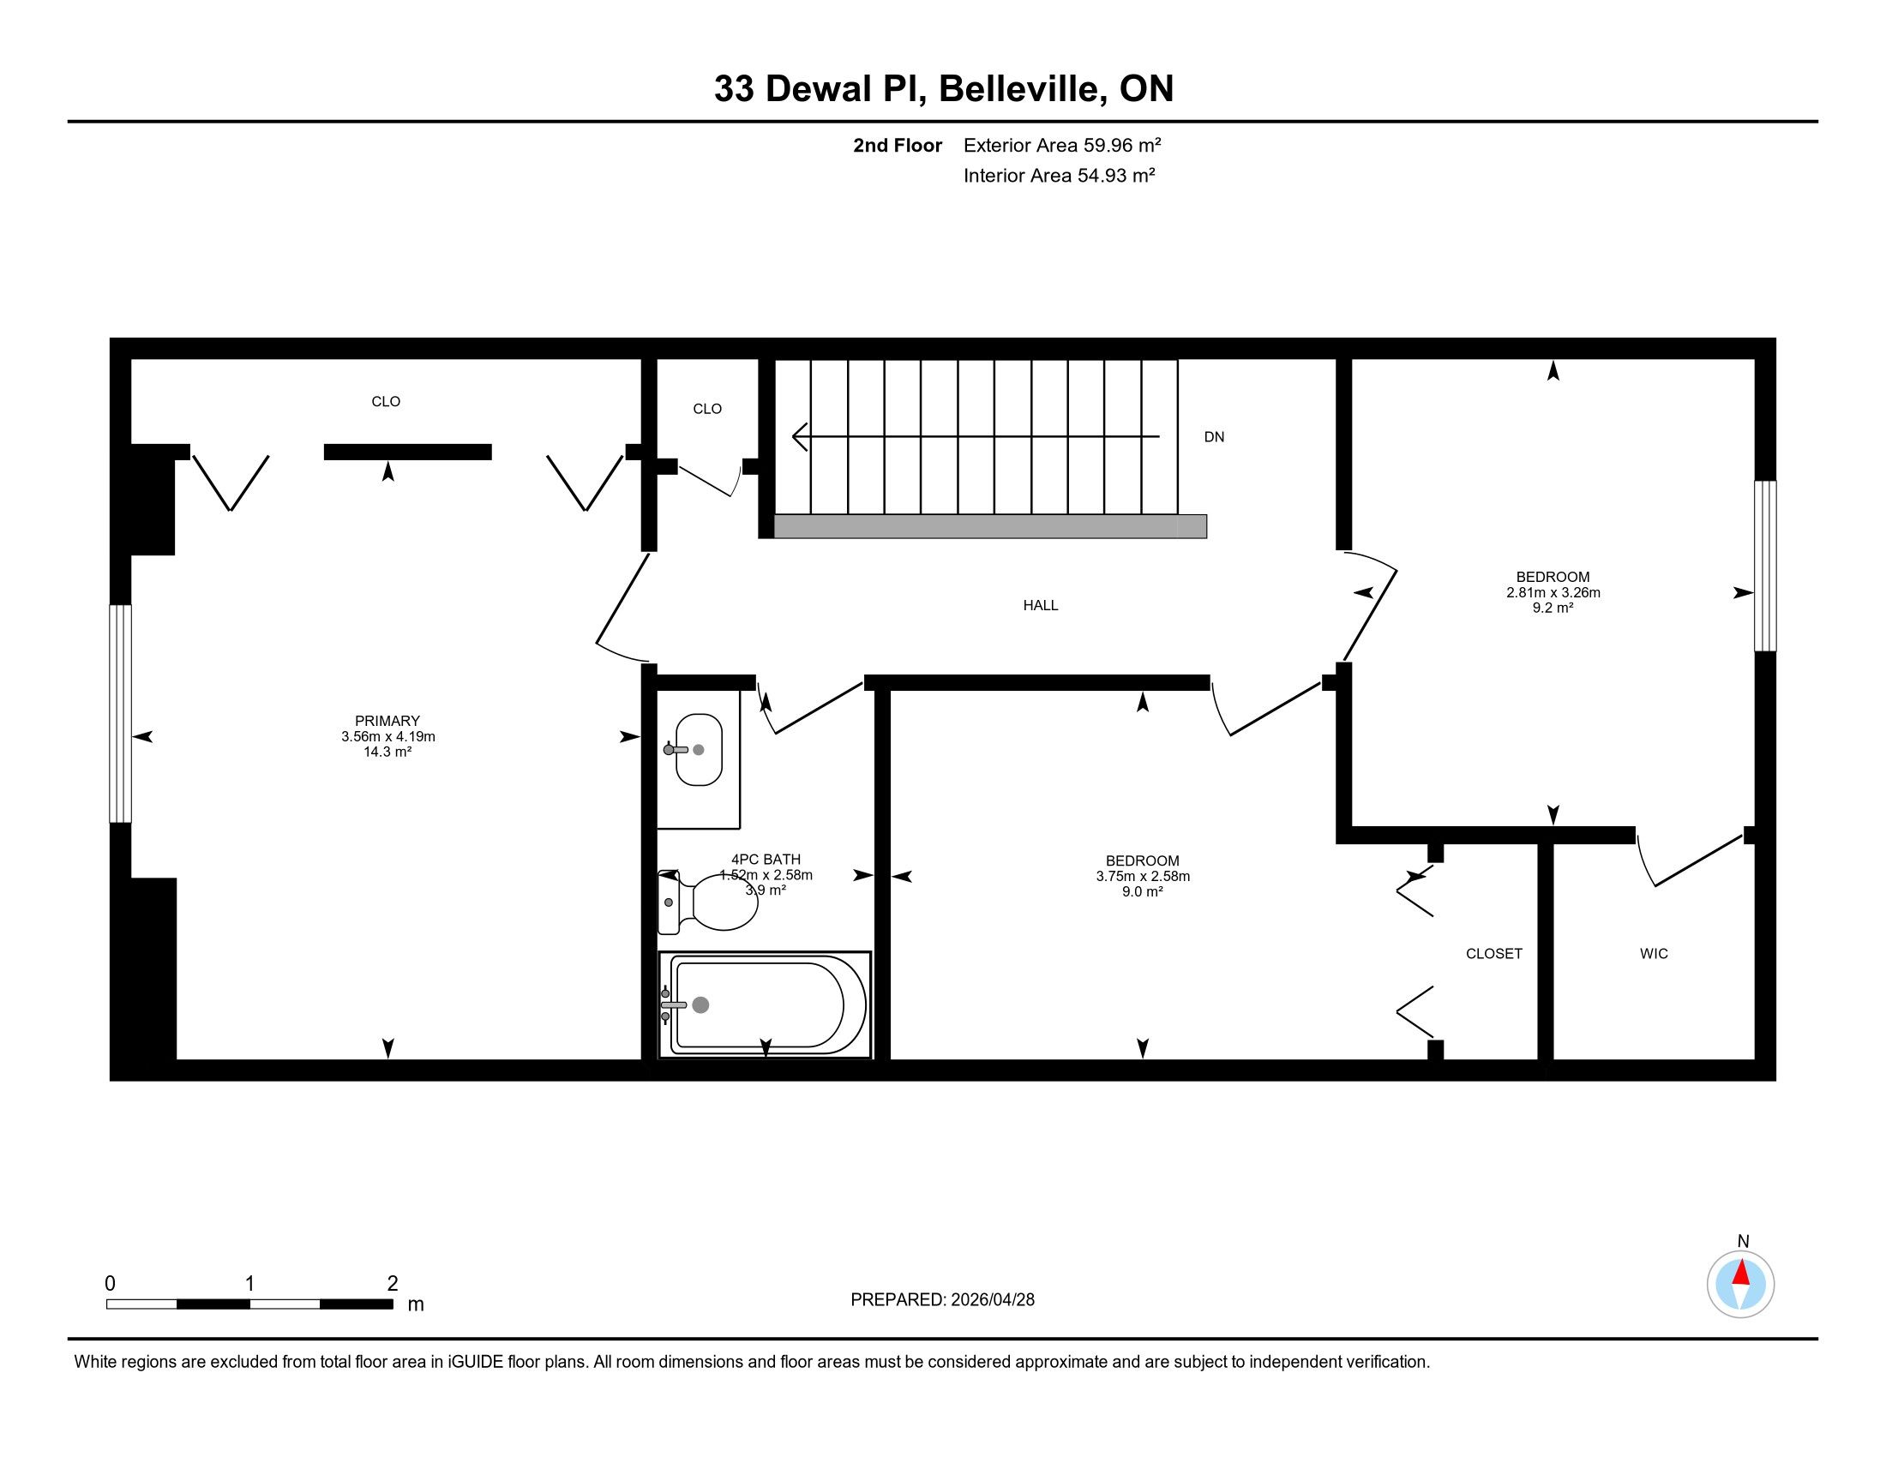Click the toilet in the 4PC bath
(x=708, y=902)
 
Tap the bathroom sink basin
(x=699, y=749)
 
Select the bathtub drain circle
(x=701, y=1004)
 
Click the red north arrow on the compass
(x=1741, y=1272)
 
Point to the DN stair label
(x=1214, y=437)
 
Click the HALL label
(x=1041, y=605)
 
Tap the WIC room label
(x=1654, y=953)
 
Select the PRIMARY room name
(x=387, y=721)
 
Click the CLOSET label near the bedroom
(x=1494, y=953)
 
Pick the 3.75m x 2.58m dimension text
(x=1143, y=876)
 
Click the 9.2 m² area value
(x=1553, y=608)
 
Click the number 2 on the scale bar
(x=392, y=1283)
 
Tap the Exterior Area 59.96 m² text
(x=1062, y=145)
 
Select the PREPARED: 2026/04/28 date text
(x=942, y=1300)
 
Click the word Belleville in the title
(x=1024, y=88)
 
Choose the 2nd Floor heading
(x=898, y=145)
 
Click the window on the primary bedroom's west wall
(x=120, y=714)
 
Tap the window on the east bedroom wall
(x=1765, y=567)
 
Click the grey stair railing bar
(x=989, y=526)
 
